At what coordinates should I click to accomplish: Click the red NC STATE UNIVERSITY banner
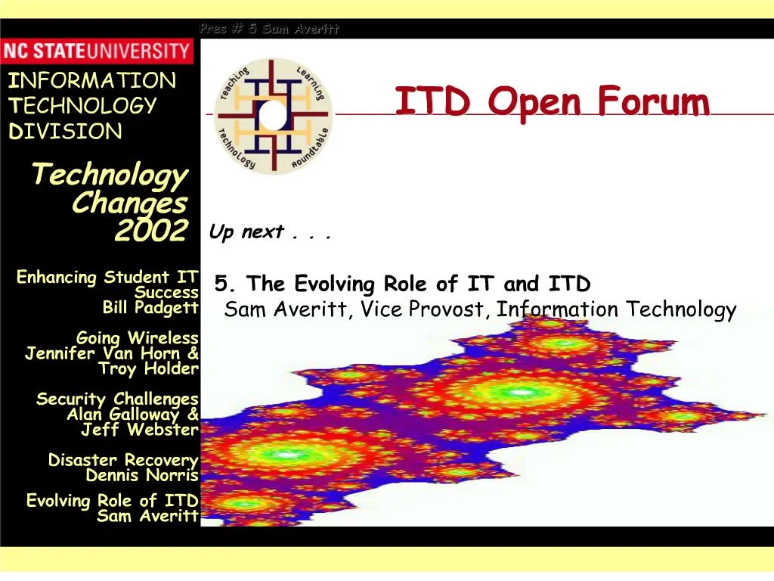pyautogui.click(x=97, y=51)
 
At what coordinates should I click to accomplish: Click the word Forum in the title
pyautogui.click(x=654, y=101)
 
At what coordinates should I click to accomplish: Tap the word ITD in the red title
pyautogui.click(x=432, y=101)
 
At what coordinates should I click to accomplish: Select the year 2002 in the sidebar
pyautogui.click(x=151, y=230)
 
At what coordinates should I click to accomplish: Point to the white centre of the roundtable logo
pyautogui.click(x=272, y=115)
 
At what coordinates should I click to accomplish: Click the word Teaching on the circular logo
pyautogui.click(x=235, y=83)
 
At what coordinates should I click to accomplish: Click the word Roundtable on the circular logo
pyautogui.click(x=310, y=148)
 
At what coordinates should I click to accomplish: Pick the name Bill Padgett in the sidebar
pyautogui.click(x=150, y=308)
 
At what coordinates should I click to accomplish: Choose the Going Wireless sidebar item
pyautogui.click(x=138, y=338)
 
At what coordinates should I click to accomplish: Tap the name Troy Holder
pyautogui.click(x=148, y=368)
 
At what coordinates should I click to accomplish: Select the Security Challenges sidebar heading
pyautogui.click(x=117, y=399)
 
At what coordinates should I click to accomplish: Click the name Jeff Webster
pyautogui.click(x=140, y=430)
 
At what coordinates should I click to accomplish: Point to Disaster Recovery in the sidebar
pyautogui.click(x=123, y=460)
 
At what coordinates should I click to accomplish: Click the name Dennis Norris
pyautogui.click(x=142, y=475)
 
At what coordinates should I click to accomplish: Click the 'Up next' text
pyautogui.click(x=247, y=231)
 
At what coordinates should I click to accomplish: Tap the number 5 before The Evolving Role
pyautogui.click(x=221, y=284)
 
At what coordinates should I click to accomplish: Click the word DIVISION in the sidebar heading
pyautogui.click(x=65, y=132)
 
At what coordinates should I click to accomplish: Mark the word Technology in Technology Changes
pyautogui.click(x=110, y=175)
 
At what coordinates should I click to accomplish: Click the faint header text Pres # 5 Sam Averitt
pyautogui.click(x=269, y=29)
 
